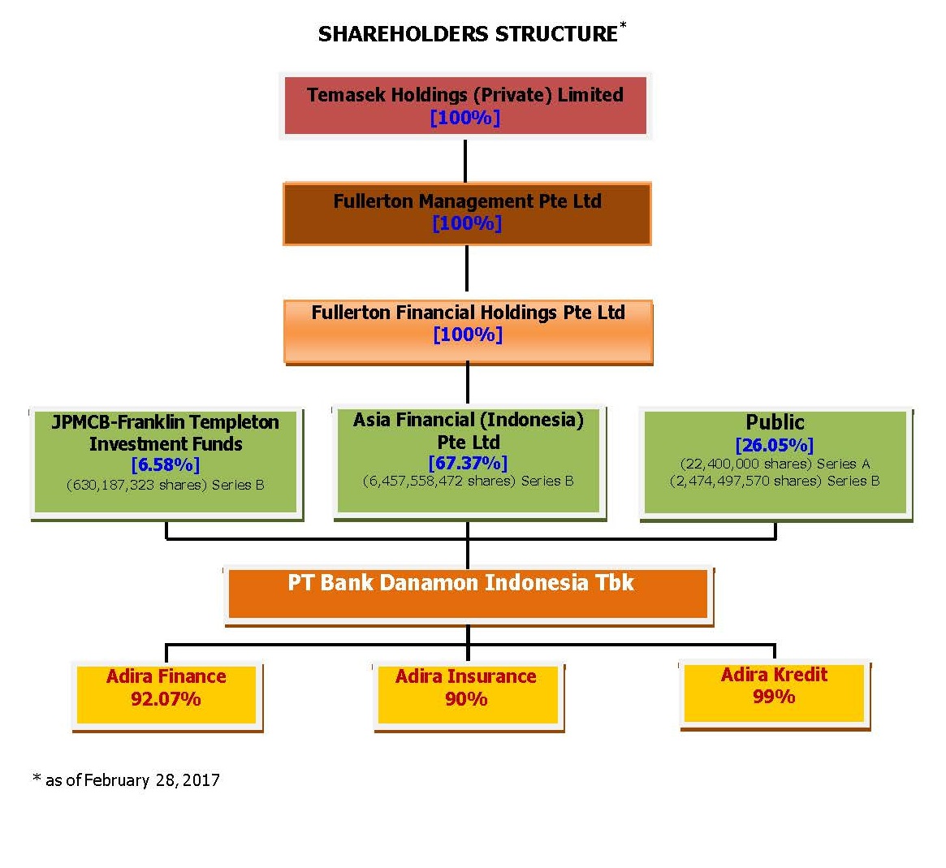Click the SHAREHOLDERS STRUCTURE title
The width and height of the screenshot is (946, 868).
point(469,34)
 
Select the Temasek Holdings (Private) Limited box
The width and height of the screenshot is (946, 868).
point(465,106)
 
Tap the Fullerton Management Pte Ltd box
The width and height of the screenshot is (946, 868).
point(467,214)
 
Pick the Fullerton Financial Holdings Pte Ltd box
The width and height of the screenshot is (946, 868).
point(469,332)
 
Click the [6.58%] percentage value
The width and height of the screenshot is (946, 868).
point(166,465)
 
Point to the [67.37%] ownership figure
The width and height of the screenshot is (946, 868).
point(469,464)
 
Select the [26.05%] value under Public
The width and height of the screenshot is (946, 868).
point(775,445)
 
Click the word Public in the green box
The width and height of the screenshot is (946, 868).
point(775,421)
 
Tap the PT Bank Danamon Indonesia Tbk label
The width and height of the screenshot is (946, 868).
point(461,583)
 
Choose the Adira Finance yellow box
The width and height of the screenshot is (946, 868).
point(167,696)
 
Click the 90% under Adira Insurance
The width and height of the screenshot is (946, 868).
point(466,699)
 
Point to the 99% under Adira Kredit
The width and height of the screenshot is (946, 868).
point(774,697)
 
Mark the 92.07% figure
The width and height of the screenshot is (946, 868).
point(166,699)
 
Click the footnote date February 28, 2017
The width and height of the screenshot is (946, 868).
point(152,780)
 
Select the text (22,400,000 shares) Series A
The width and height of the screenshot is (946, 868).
point(775,464)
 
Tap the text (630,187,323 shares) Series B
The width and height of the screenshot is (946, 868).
point(166,485)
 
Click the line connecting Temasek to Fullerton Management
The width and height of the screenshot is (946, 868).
point(465,161)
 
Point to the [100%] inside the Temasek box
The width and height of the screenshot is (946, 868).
point(465,118)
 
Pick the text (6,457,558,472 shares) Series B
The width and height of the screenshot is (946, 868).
point(469,482)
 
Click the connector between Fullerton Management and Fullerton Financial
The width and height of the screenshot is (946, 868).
point(467,269)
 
